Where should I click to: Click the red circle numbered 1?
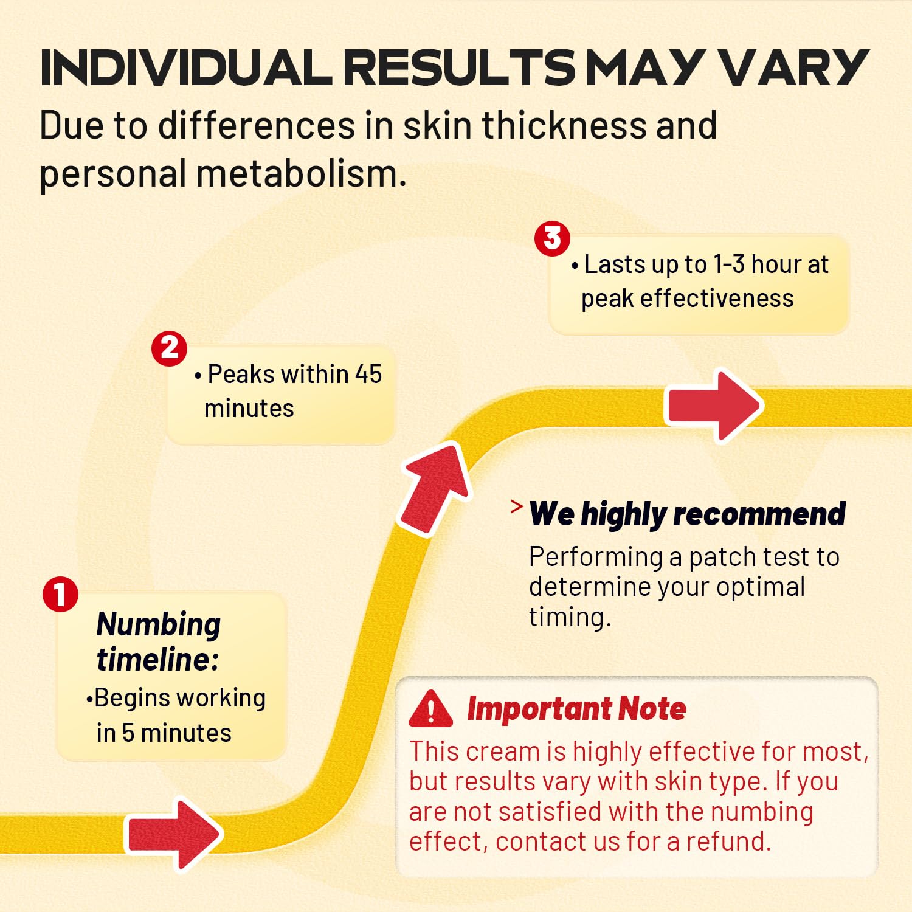pyautogui.click(x=60, y=594)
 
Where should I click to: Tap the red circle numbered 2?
pyautogui.click(x=169, y=348)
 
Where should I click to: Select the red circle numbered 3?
pyautogui.click(x=552, y=238)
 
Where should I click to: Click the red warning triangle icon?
pyautogui.click(x=431, y=709)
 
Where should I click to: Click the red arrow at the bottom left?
pyautogui.click(x=173, y=834)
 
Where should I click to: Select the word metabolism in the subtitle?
pyautogui.click(x=300, y=173)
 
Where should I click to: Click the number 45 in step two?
pyautogui.click(x=368, y=375)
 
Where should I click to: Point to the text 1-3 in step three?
pyautogui.click(x=729, y=264)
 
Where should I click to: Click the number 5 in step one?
pyautogui.click(x=128, y=733)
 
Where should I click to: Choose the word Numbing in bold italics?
pyautogui.click(x=159, y=625)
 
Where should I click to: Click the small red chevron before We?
pyautogui.click(x=517, y=506)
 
